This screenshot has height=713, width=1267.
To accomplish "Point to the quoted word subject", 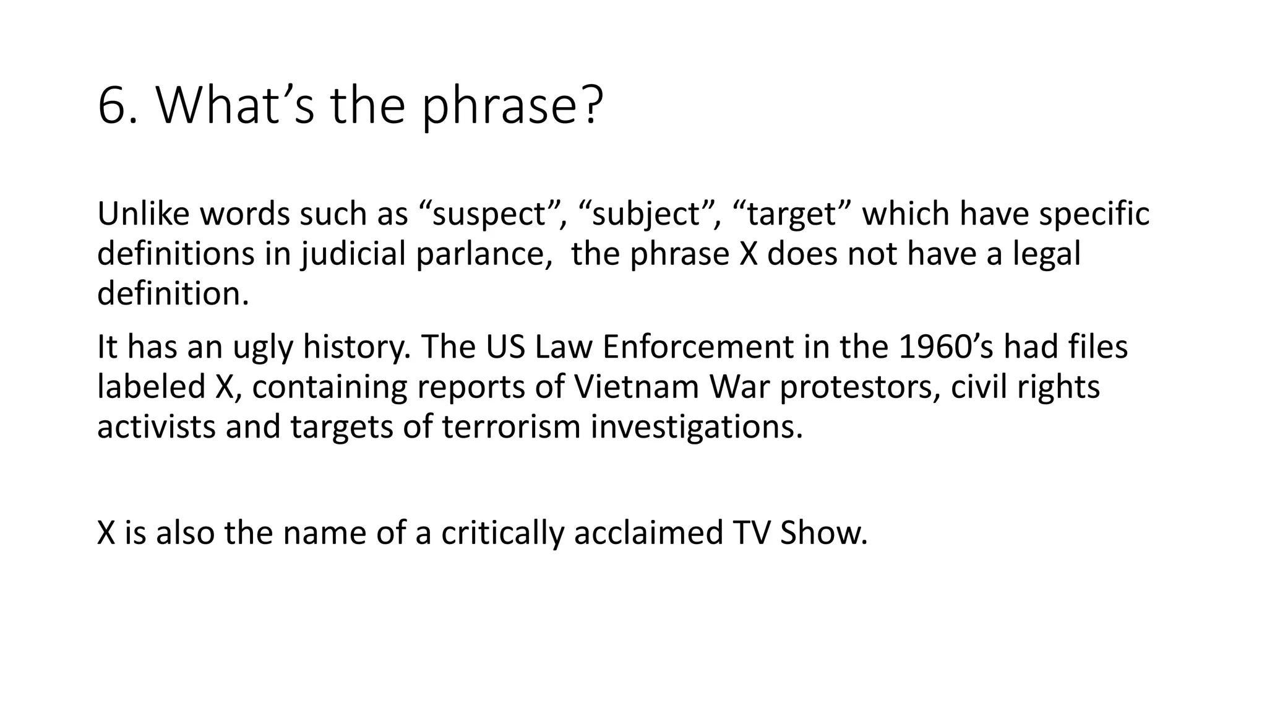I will coord(646,214).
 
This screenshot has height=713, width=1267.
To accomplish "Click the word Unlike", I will coord(144,214).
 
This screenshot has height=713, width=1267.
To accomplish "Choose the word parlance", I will coord(480,254).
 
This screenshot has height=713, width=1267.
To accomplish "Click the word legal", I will coord(1047,254).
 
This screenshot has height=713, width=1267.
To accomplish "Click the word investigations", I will coord(696,426).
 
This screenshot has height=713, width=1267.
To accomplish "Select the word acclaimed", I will coord(648,533).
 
